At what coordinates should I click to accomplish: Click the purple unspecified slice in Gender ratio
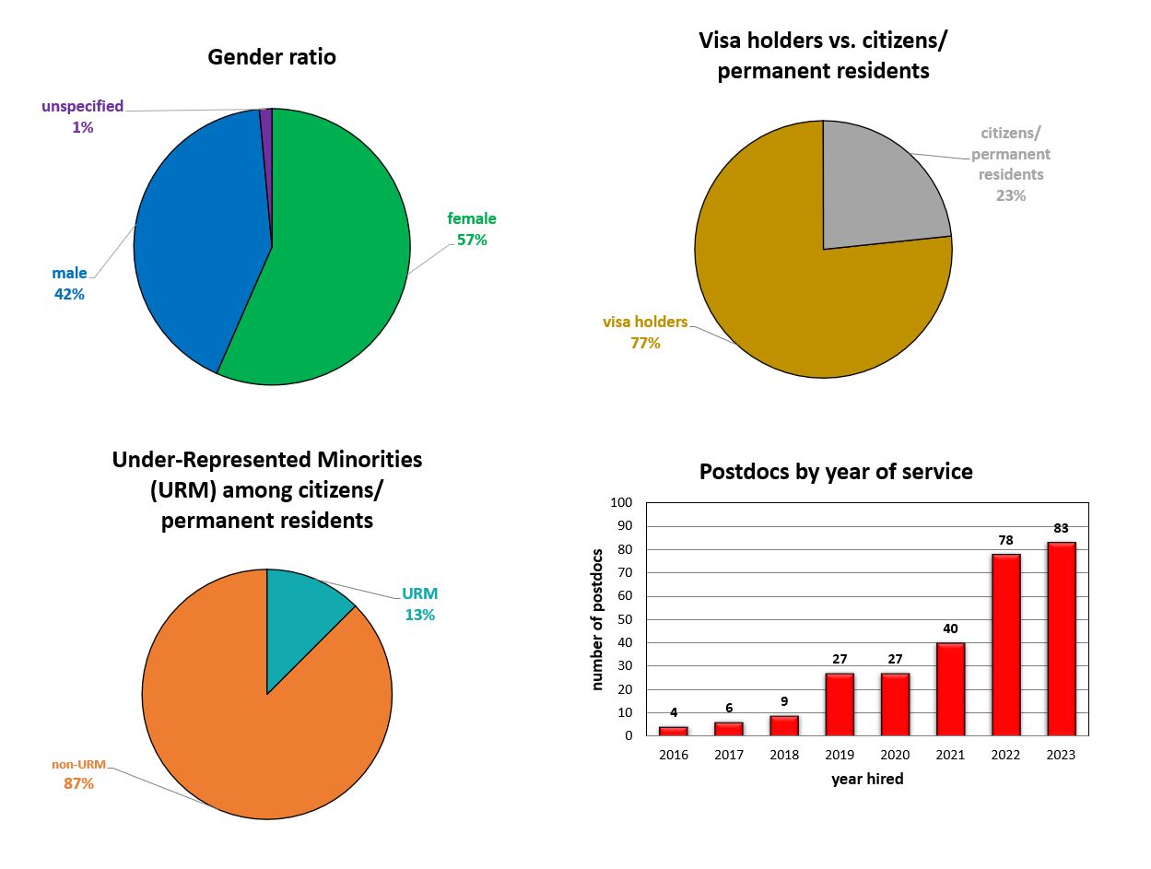[x=266, y=124]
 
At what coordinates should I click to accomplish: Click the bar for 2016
[x=674, y=731]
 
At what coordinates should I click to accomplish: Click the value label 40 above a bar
[x=950, y=629]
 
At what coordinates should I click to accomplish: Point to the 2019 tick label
[x=840, y=755]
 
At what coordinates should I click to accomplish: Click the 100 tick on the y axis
[x=621, y=503]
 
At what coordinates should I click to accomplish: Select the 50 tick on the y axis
[x=625, y=619]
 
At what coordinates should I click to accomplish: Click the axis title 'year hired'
[x=867, y=780]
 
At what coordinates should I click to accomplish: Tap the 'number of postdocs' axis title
[x=598, y=619]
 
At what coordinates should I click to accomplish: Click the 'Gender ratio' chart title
[x=272, y=57]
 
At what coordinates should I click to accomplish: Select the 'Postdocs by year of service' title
[x=836, y=472]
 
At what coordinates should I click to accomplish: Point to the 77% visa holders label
[x=645, y=344]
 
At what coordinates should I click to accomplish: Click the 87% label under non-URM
[x=78, y=784]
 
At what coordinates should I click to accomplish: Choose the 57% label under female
[x=472, y=240]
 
